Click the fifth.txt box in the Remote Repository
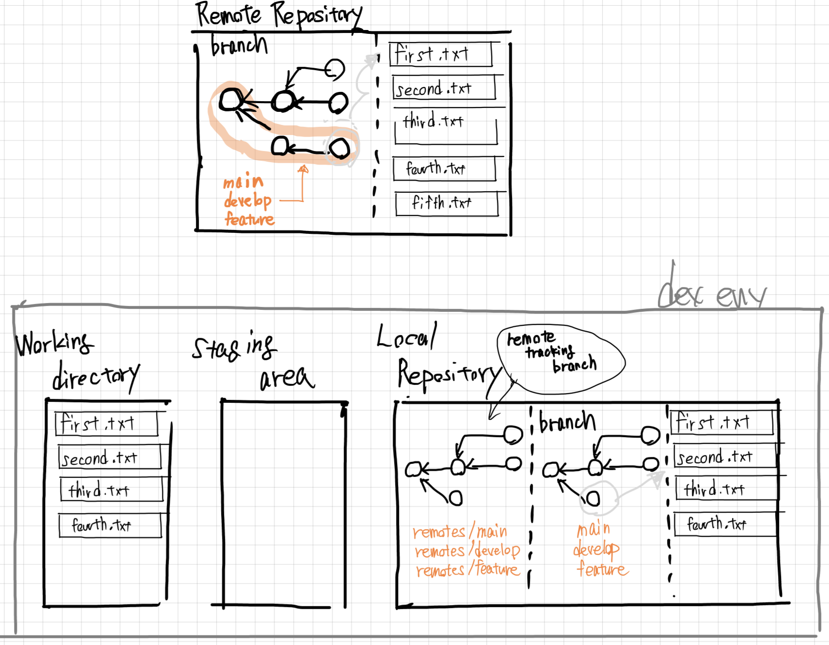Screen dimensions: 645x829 tap(446, 203)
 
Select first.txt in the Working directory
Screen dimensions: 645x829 tap(107, 424)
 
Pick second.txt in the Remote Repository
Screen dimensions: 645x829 tap(443, 88)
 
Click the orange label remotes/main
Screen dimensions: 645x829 tap(460, 532)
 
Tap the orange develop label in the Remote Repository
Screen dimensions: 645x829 tap(247, 200)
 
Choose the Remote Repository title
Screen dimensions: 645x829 tap(279, 15)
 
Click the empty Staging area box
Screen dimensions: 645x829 tap(284, 504)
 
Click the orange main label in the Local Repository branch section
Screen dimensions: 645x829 tap(593, 529)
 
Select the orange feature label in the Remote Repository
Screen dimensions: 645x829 tap(249, 219)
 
